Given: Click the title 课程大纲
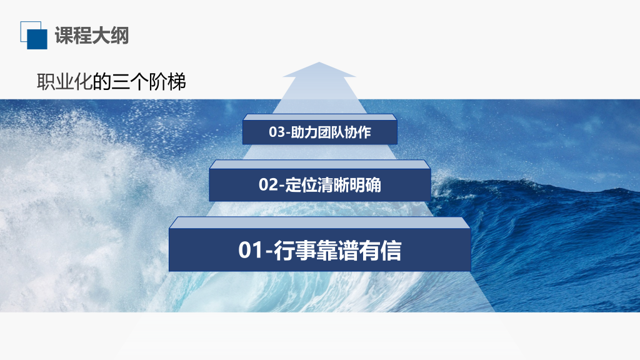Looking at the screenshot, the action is click(92, 36).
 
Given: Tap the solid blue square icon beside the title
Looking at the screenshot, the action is click(37, 39).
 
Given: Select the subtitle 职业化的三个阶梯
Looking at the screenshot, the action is click(111, 82).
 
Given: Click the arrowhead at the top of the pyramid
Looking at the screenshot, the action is click(319, 69).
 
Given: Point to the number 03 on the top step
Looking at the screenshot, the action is click(276, 132).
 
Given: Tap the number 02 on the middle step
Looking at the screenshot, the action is click(269, 185).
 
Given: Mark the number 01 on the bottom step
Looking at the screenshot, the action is click(250, 250).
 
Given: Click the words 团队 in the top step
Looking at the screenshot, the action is click(330, 132).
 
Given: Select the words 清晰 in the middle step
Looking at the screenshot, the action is click(333, 185).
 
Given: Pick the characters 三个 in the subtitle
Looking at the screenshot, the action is click(130, 82).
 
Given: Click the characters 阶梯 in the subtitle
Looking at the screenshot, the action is click(167, 82).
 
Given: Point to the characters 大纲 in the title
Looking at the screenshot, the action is click(111, 36).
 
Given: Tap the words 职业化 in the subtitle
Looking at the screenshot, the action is click(65, 82).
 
